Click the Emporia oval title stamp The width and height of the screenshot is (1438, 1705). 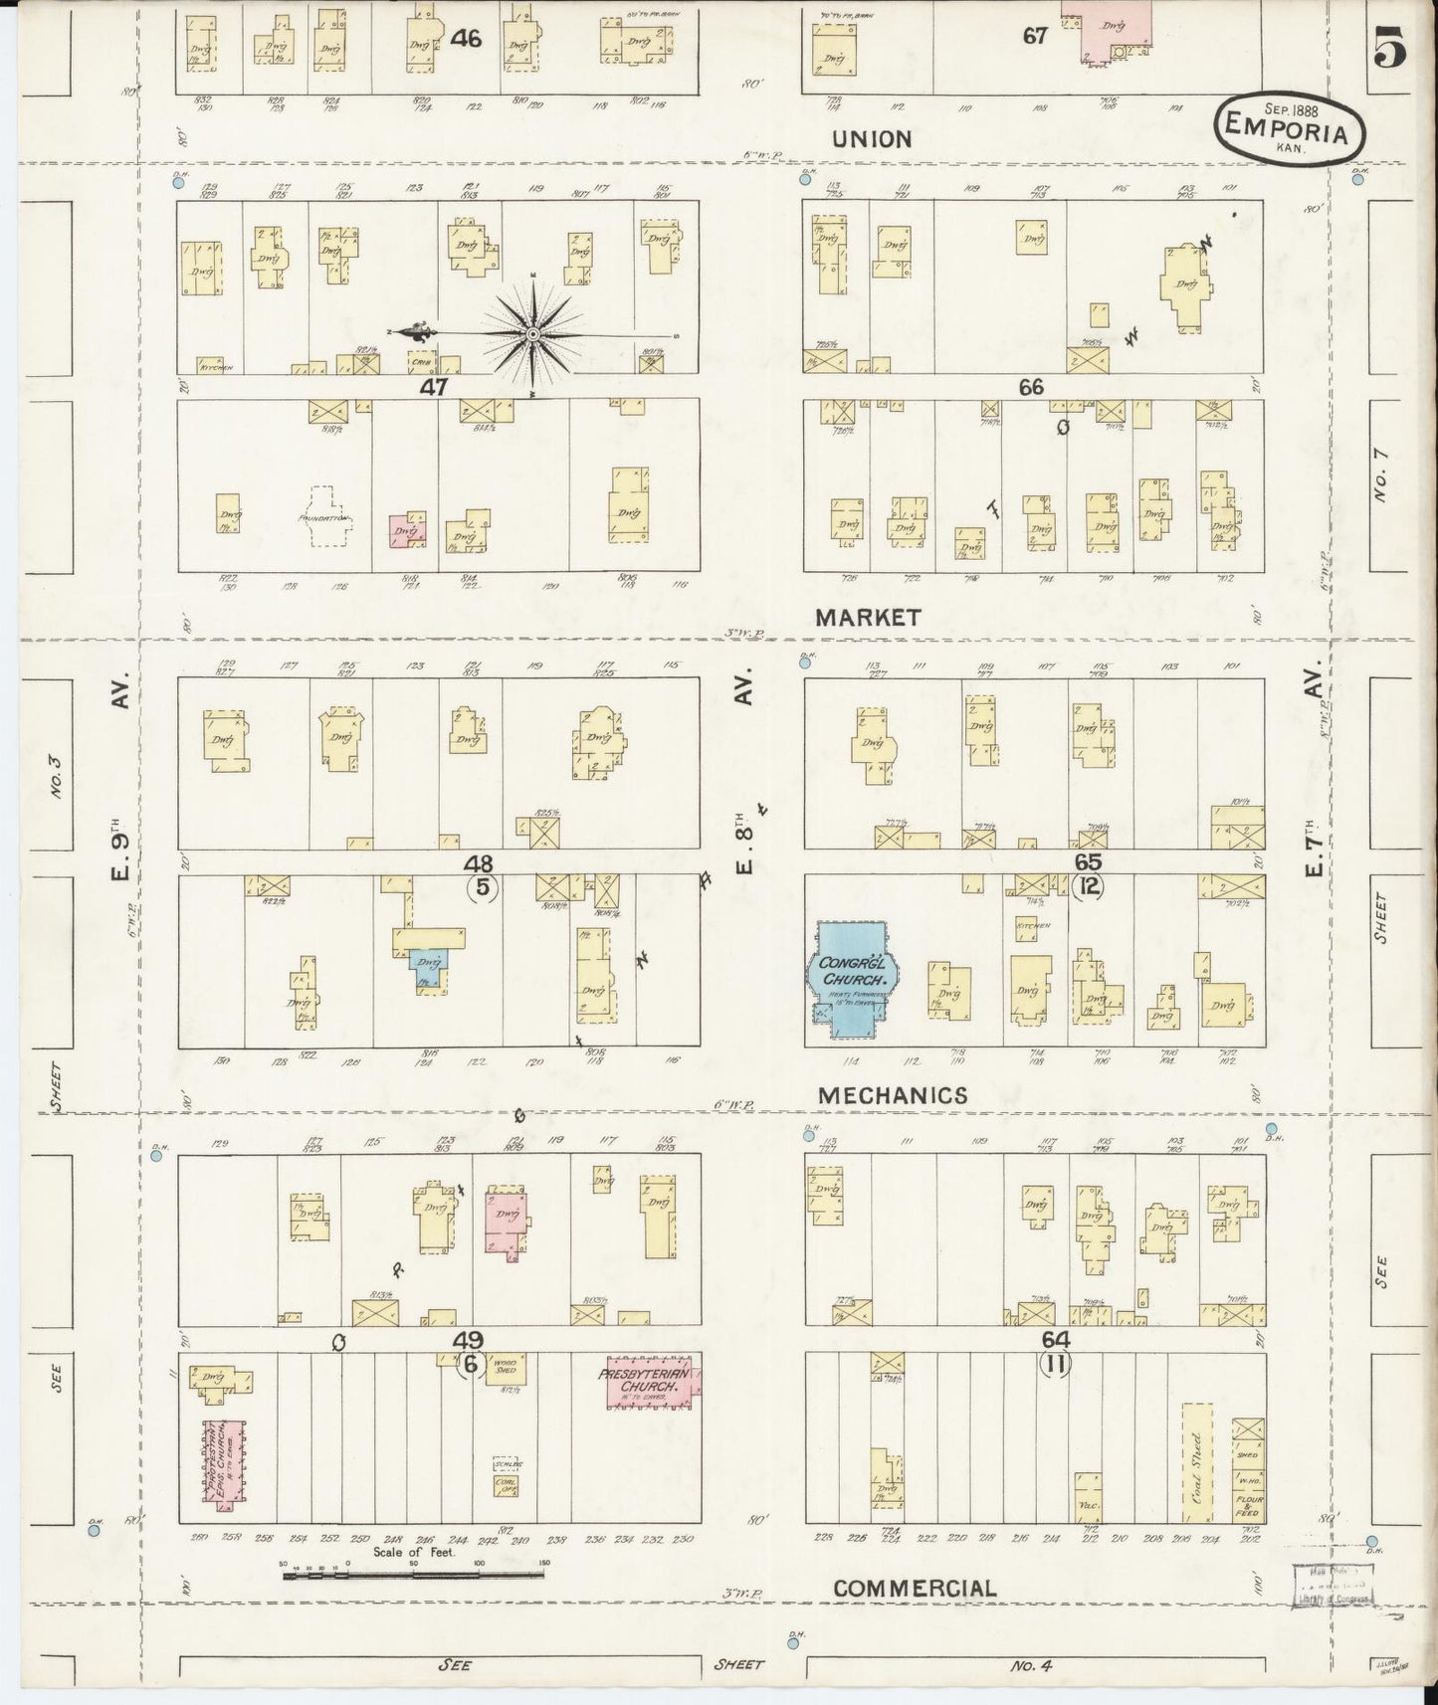click(x=1290, y=130)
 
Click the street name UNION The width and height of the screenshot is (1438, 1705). click(x=871, y=139)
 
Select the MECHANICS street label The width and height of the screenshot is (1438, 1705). click(x=892, y=1095)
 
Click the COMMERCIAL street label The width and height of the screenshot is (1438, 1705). click(x=914, y=1589)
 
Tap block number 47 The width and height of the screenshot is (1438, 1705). click(x=434, y=387)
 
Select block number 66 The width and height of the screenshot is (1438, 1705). click(x=1031, y=387)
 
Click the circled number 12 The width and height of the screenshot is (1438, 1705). click(x=1089, y=886)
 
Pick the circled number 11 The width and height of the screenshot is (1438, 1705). click(x=1055, y=1365)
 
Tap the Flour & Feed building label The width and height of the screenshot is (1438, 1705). click(x=1249, y=1503)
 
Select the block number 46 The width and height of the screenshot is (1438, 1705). click(x=465, y=39)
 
